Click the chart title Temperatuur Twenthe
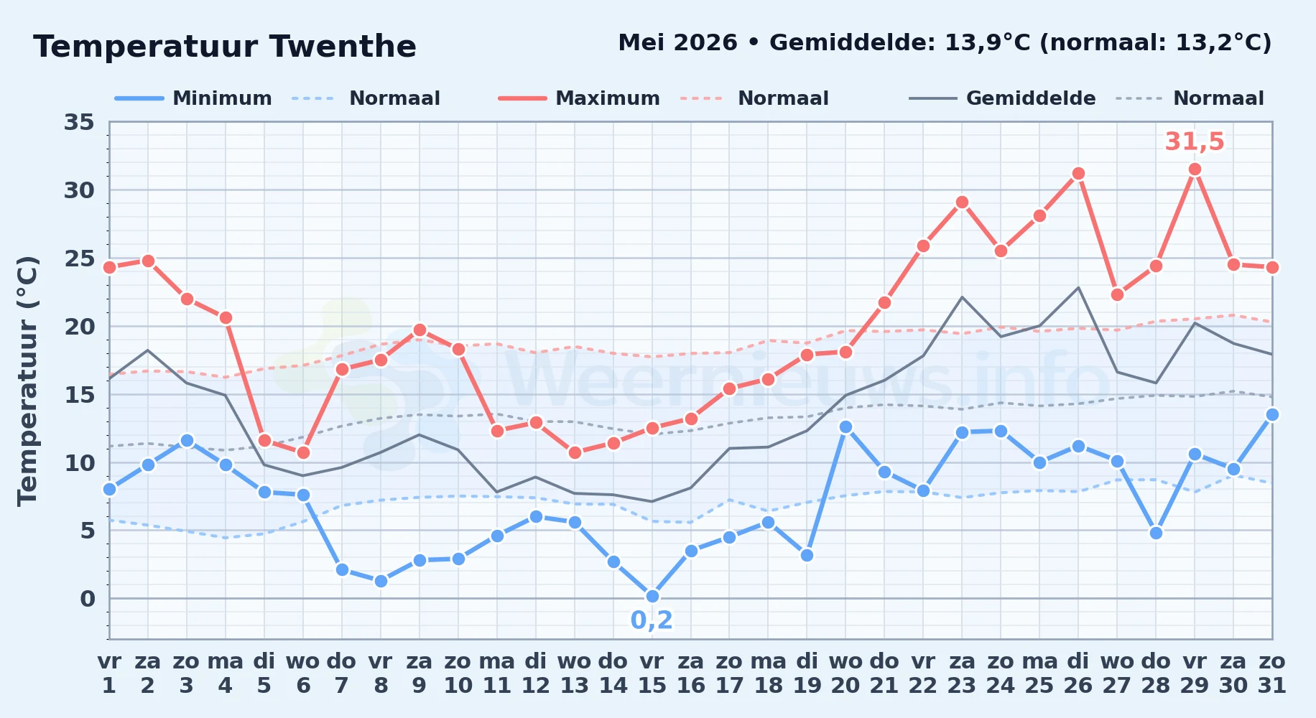click(x=225, y=47)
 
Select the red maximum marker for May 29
click(x=1195, y=169)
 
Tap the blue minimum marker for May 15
click(x=652, y=596)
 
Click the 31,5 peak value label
click(x=1195, y=141)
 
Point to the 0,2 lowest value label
click(x=652, y=620)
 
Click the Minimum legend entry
click(x=193, y=98)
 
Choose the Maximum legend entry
click(x=579, y=98)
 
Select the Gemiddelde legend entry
click(x=1002, y=98)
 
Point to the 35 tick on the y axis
click(x=79, y=122)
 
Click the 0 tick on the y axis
click(x=87, y=598)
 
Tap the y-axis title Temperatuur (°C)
click(x=27, y=381)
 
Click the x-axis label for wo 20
click(x=845, y=673)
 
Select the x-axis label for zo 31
click(x=1272, y=673)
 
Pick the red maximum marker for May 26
click(x=1078, y=174)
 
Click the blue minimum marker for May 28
click(x=1156, y=533)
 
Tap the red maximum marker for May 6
click(x=303, y=452)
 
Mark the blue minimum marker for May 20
click(x=845, y=426)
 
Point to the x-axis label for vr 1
click(x=109, y=673)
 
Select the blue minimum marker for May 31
click(x=1272, y=414)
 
